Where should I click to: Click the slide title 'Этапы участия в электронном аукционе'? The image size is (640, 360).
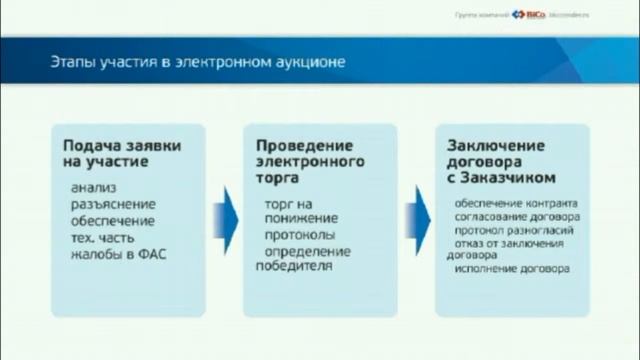[198, 62]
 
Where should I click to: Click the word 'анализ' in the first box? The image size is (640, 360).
[93, 187]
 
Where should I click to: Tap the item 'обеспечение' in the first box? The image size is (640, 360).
[113, 220]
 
